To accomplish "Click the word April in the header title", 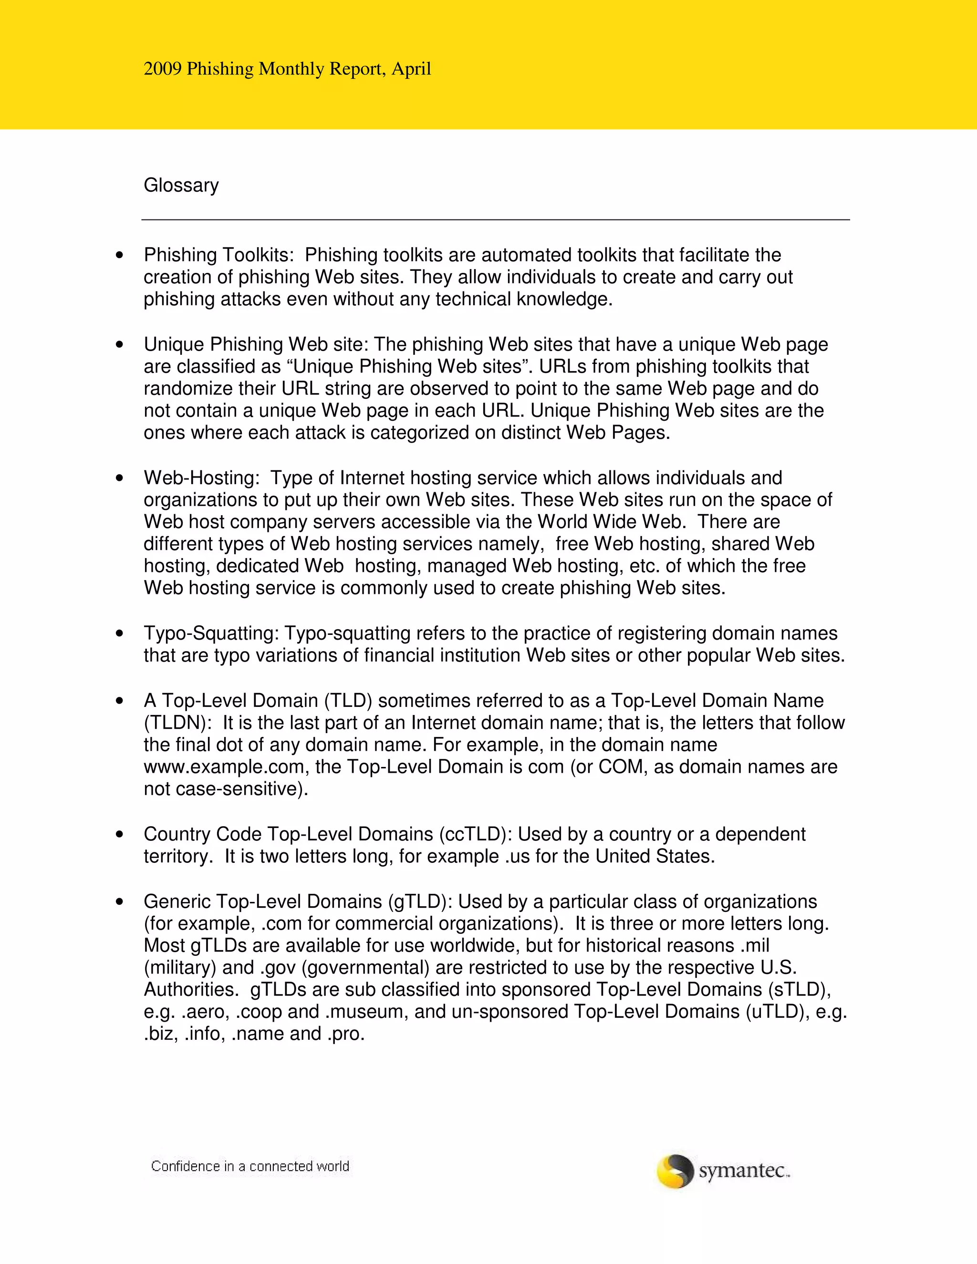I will (x=411, y=69).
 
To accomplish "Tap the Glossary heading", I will (x=181, y=185).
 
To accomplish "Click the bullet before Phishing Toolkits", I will (x=120, y=255).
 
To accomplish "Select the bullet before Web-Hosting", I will (x=120, y=478).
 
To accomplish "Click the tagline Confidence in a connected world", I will (x=250, y=1166).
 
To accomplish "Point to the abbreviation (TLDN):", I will (x=177, y=723).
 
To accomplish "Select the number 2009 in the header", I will (x=162, y=69).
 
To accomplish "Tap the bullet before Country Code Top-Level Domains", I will (x=120, y=835).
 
